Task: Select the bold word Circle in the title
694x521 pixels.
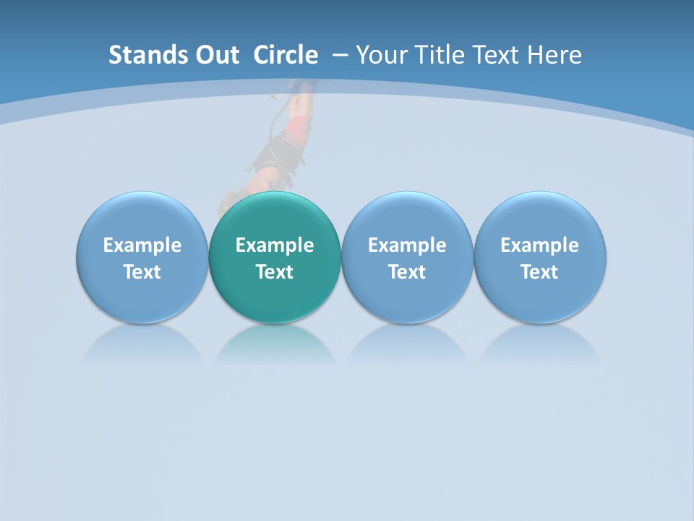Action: pyautogui.click(x=286, y=55)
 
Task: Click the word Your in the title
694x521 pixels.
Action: pyautogui.click(x=381, y=55)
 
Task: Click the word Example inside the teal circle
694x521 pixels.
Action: pyautogui.click(x=275, y=245)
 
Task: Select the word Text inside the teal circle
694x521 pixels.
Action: pyautogui.click(x=275, y=272)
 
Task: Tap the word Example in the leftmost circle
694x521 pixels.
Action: pyautogui.click(x=142, y=245)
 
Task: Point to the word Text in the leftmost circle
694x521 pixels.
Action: pyautogui.click(x=142, y=272)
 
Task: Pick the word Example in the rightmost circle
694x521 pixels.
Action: pyautogui.click(x=539, y=245)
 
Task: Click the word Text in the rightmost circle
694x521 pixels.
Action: pyautogui.click(x=539, y=272)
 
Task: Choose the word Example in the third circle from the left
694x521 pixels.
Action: pyautogui.click(x=407, y=245)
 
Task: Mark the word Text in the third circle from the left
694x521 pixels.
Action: pyautogui.click(x=407, y=272)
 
